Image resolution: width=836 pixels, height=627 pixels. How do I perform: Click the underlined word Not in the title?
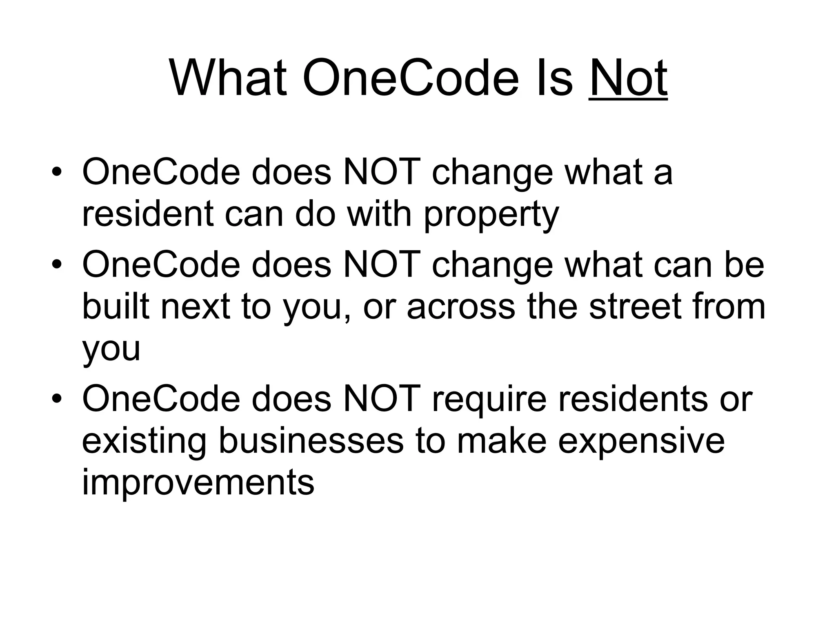(x=628, y=78)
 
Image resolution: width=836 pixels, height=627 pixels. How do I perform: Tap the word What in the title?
(x=228, y=78)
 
